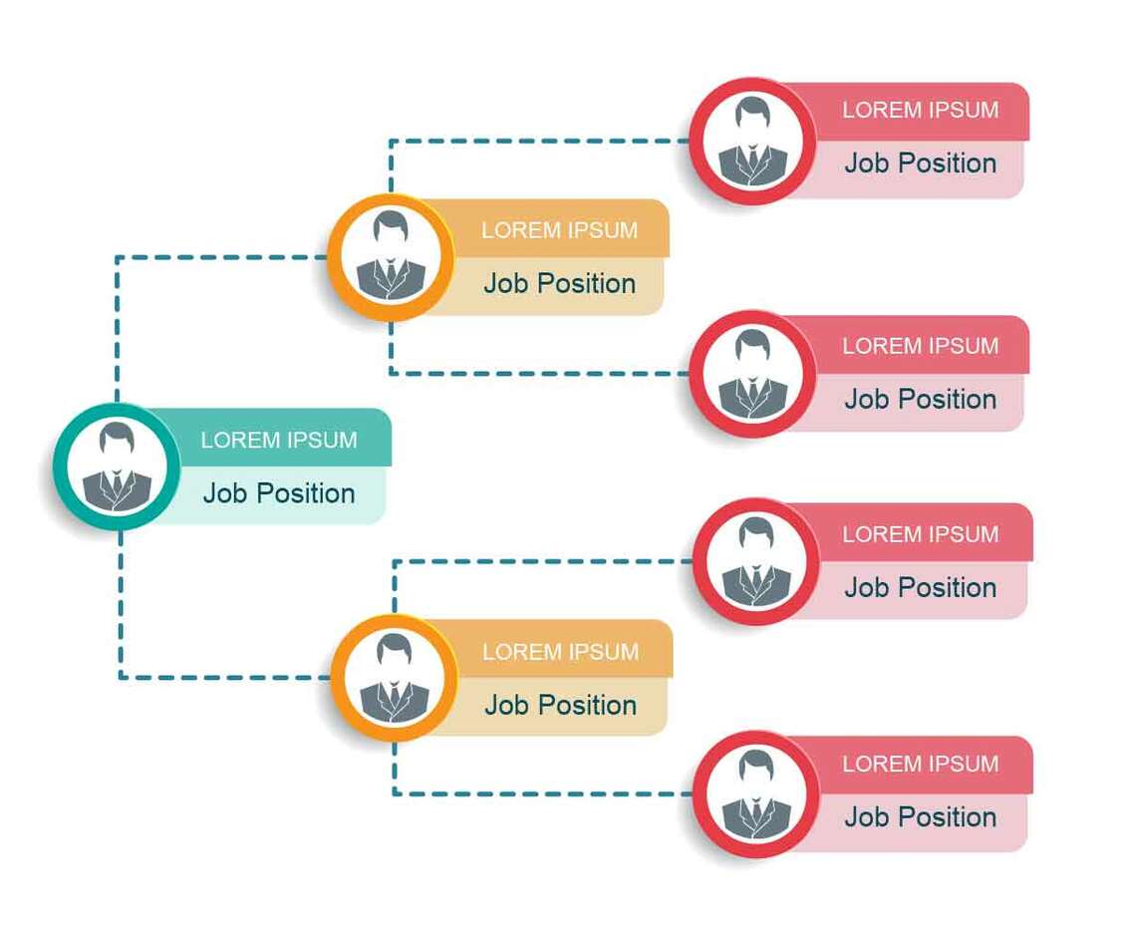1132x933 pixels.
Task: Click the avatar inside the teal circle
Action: point(117,466)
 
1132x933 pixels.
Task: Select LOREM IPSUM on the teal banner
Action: point(279,440)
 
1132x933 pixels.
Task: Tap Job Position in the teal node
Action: point(279,493)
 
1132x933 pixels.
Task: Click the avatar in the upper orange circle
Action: point(391,256)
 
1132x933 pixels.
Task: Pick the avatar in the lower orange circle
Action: point(394,678)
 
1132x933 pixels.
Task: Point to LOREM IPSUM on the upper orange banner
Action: point(560,230)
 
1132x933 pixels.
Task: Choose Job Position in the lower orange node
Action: point(561,705)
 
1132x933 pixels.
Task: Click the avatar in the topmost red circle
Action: point(753,141)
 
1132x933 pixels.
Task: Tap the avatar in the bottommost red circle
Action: point(756,794)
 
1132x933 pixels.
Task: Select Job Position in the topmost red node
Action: point(921,163)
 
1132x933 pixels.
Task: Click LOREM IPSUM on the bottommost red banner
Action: point(921,764)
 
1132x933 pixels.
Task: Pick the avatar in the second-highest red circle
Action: point(753,374)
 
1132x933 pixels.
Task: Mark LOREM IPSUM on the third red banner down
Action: point(921,534)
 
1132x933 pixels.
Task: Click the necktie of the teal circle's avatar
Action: point(117,483)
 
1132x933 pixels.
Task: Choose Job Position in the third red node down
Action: point(921,588)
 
